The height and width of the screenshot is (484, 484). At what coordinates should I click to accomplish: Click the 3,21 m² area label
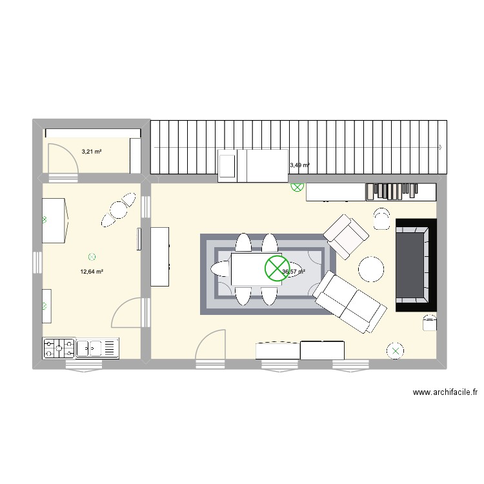click(x=91, y=152)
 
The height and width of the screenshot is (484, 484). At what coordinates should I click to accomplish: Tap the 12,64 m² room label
click(x=92, y=272)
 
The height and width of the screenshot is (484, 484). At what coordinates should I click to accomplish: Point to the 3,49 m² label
click(x=299, y=165)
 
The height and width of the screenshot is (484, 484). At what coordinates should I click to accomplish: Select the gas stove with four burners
click(x=58, y=348)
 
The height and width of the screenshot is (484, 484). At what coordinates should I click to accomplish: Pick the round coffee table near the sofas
click(x=372, y=270)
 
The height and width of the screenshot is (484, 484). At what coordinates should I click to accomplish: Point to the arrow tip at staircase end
click(x=441, y=147)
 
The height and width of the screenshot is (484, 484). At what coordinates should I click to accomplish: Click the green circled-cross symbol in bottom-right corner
click(x=394, y=351)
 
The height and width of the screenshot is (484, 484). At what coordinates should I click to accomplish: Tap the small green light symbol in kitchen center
click(x=92, y=256)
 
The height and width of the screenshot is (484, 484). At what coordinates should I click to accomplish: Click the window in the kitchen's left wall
click(x=37, y=263)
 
